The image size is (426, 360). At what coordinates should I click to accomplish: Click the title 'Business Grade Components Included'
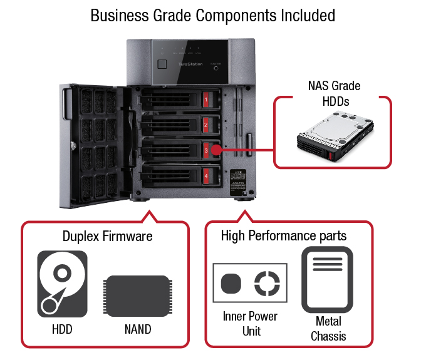[212, 15]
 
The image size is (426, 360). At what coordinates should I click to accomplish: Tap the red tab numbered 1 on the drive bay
[206, 100]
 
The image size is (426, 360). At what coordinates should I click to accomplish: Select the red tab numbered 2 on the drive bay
[206, 125]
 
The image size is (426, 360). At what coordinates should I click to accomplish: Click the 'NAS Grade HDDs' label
[334, 92]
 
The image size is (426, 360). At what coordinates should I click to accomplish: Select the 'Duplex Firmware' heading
[107, 236]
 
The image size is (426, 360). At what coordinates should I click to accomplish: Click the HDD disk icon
[63, 283]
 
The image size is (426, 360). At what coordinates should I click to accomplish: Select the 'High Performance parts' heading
[284, 236]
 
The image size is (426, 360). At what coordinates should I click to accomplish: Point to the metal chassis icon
[328, 279]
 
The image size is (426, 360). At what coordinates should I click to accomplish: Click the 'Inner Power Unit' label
[251, 323]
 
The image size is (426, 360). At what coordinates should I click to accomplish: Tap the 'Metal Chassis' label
[328, 329]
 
